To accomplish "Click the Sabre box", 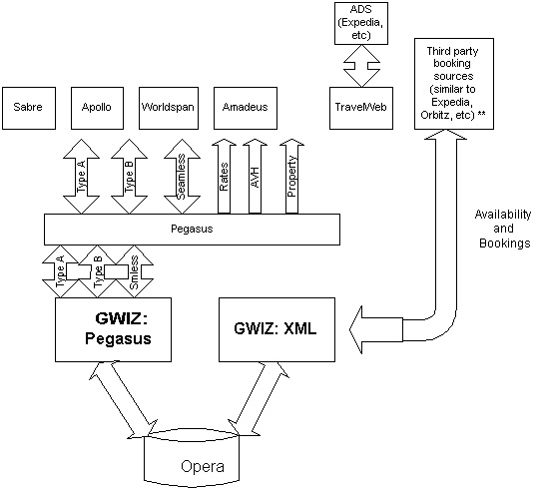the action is [x=29, y=108].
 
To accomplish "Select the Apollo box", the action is [x=97, y=108].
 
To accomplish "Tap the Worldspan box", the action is [x=169, y=108].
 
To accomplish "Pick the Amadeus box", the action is [x=246, y=108].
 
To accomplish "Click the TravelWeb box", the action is [x=361, y=108].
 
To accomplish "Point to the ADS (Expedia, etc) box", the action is [x=361, y=23].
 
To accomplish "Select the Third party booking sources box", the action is [x=454, y=84].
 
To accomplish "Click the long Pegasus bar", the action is [x=192, y=230].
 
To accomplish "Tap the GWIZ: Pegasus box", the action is [x=113, y=329].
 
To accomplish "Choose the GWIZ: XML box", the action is [x=277, y=329].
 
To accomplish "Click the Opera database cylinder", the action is [x=192, y=457].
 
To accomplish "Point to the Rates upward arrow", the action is [x=224, y=177].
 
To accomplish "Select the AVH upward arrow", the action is [x=255, y=177].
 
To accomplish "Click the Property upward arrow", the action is [x=291, y=177].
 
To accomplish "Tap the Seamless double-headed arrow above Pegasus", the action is [x=182, y=177].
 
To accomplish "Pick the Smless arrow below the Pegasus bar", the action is [x=135, y=271].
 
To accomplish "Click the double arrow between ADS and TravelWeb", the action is [x=361, y=66].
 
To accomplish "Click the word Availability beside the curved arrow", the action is [x=503, y=215].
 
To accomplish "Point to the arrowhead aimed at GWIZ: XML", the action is [x=356, y=329].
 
